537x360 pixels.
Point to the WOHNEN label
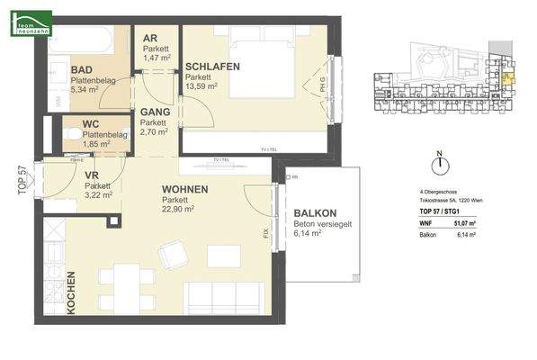[x=185, y=190]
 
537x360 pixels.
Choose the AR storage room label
[x=150, y=38]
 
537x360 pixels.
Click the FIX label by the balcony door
[x=265, y=232]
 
